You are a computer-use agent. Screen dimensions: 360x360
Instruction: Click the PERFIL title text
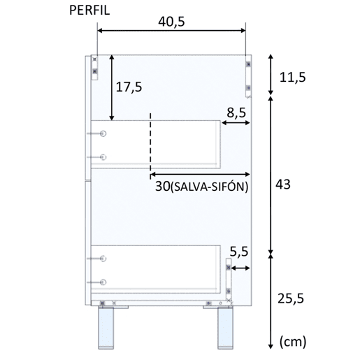[x=89, y=10]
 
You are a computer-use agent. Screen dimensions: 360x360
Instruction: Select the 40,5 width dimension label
[x=171, y=22]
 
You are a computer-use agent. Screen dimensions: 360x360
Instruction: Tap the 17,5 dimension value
[x=129, y=87]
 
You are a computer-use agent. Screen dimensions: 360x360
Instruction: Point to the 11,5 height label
[x=293, y=78]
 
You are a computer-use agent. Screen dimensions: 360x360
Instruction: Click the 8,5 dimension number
[x=236, y=113]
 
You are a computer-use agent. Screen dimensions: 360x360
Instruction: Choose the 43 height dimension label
[x=283, y=185]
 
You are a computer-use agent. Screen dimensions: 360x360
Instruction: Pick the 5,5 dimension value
[x=239, y=252]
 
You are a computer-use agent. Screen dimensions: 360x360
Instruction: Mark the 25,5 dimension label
[x=291, y=298]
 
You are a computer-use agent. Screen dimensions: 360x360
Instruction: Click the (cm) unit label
[x=293, y=342]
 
